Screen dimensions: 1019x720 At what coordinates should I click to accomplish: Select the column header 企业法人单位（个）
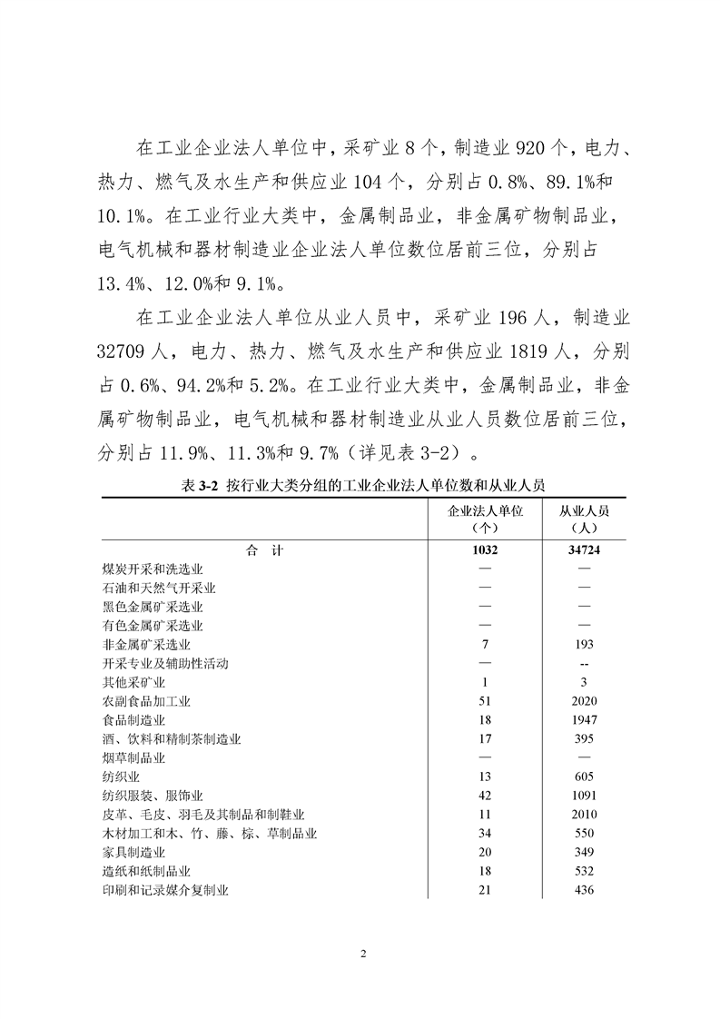click(x=485, y=519)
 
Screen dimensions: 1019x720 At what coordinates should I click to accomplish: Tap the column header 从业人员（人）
click(x=584, y=519)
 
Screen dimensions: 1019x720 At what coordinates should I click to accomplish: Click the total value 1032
click(x=485, y=549)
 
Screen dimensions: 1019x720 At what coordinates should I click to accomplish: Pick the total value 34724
click(x=584, y=549)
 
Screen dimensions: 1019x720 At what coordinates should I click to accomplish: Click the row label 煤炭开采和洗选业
click(x=153, y=569)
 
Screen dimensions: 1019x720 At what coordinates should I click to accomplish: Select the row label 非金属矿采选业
click(x=146, y=644)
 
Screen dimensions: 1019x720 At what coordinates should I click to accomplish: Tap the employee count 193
click(x=584, y=644)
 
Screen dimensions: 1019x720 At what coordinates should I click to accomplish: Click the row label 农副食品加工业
click(x=146, y=701)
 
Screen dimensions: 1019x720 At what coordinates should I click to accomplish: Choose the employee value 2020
click(x=584, y=701)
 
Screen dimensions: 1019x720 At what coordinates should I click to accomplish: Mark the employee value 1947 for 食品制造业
click(x=584, y=720)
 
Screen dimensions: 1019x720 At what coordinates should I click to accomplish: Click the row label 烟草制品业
click(x=133, y=757)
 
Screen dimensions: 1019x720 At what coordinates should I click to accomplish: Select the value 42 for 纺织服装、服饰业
click(x=485, y=796)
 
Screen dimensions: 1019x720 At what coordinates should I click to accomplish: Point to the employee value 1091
click(x=584, y=796)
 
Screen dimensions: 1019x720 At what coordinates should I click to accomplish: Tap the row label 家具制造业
click(x=133, y=852)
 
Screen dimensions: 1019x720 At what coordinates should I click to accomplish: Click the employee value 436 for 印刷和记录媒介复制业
click(x=584, y=890)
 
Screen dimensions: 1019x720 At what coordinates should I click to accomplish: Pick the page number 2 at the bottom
click(x=362, y=955)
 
